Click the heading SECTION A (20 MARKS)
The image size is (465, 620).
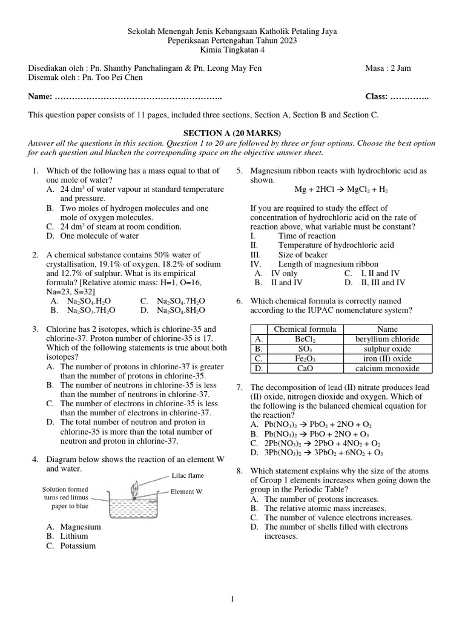(232, 133)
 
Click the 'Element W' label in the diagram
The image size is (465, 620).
(186, 491)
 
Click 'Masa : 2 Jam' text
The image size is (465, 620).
(388, 68)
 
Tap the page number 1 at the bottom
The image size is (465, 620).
(232, 599)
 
